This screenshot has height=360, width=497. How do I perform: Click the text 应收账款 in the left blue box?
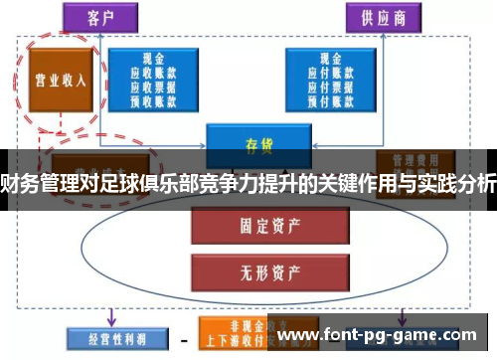[x=153, y=73]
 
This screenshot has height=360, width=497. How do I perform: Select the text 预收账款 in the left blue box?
[x=153, y=98]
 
